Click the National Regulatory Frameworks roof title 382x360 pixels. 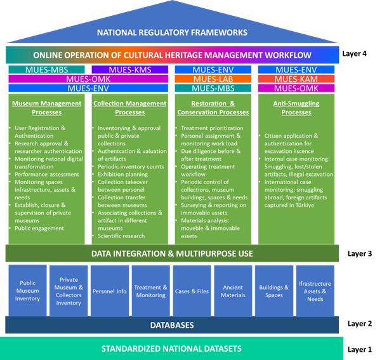(172, 32)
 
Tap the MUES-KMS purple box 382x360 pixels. (130, 70)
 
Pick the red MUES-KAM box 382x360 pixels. (296, 79)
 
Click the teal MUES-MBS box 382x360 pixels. (46, 70)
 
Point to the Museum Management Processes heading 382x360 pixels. (46, 107)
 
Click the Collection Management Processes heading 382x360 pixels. (129, 107)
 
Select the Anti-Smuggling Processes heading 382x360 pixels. (296, 107)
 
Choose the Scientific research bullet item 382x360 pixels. (121, 236)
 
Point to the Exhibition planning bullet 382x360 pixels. (123, 173)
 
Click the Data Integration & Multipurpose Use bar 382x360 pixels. (172, 254)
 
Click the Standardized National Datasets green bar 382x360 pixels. (172, 349)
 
